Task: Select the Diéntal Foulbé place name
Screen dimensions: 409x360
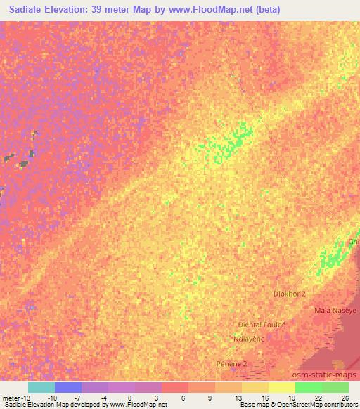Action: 262,325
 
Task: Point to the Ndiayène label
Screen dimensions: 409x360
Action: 247,338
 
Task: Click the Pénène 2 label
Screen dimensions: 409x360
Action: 232,364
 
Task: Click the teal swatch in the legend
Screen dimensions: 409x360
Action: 41,387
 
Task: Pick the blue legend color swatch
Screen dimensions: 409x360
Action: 68,387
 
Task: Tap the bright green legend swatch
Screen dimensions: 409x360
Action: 308,387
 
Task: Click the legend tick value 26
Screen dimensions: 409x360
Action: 345,398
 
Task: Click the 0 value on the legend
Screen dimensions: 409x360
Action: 129,398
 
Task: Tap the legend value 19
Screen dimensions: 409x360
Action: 292,398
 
